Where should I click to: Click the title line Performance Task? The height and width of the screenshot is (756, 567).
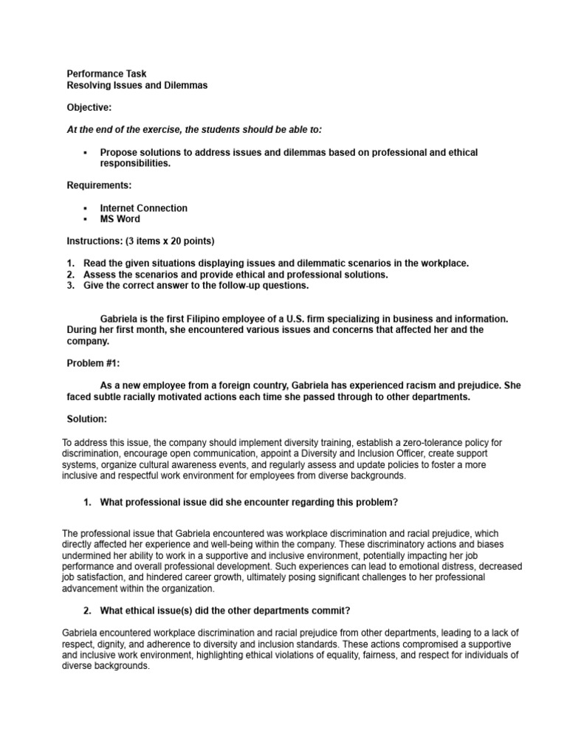coord(106,74)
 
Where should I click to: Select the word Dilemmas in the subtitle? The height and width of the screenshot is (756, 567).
coord(188,86)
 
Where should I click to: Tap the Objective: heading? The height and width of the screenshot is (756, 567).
coord(89,108)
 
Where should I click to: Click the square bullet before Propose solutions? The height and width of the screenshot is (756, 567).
coord(86,153)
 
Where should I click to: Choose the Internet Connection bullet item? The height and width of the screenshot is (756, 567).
coord(144,208)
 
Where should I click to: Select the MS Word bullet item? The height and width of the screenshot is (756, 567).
coord(120,219)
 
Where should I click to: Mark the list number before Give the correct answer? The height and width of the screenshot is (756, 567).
coord(70,286)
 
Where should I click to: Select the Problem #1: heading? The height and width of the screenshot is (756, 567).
coord(93,363)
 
